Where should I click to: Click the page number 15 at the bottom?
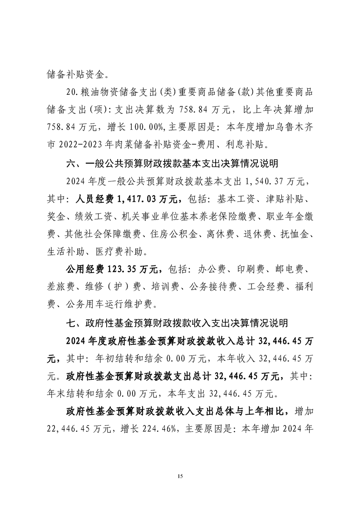click(180, 476)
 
